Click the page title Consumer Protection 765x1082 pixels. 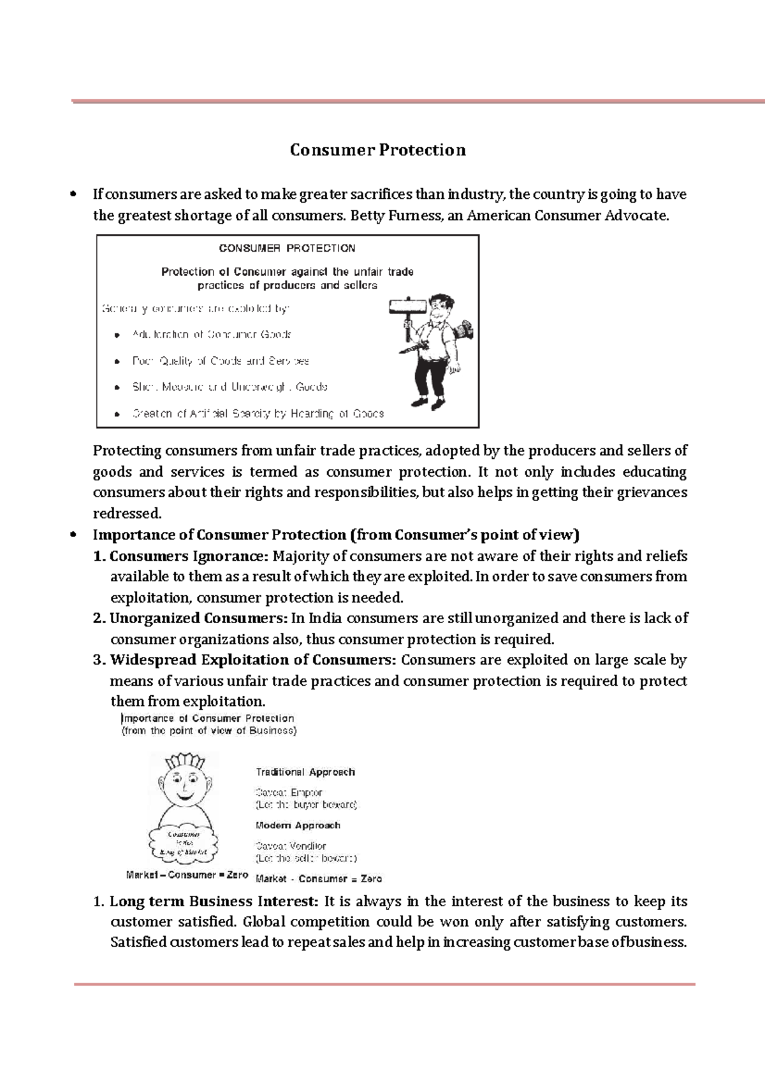coord(377,150)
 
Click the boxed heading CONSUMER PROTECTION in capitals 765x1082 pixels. coord(287,248)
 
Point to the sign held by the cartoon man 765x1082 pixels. coord(407,307)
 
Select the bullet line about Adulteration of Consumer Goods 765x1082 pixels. coord(211,335)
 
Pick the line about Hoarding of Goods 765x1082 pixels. coord(258,414)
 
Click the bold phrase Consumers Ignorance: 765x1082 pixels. coord(189,556)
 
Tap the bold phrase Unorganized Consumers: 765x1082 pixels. coord(199,618)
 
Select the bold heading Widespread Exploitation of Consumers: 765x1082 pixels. coord(253,660)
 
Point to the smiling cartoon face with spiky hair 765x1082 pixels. coord(185,784)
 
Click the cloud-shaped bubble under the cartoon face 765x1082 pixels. coord(184,842)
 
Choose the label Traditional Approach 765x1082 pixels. coord(305,772)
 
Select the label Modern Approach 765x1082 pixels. coord(298,825)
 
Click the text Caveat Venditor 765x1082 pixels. coord(291,846)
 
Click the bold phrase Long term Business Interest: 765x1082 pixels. coord(213,902)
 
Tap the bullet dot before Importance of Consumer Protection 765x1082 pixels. coord(75,535)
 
